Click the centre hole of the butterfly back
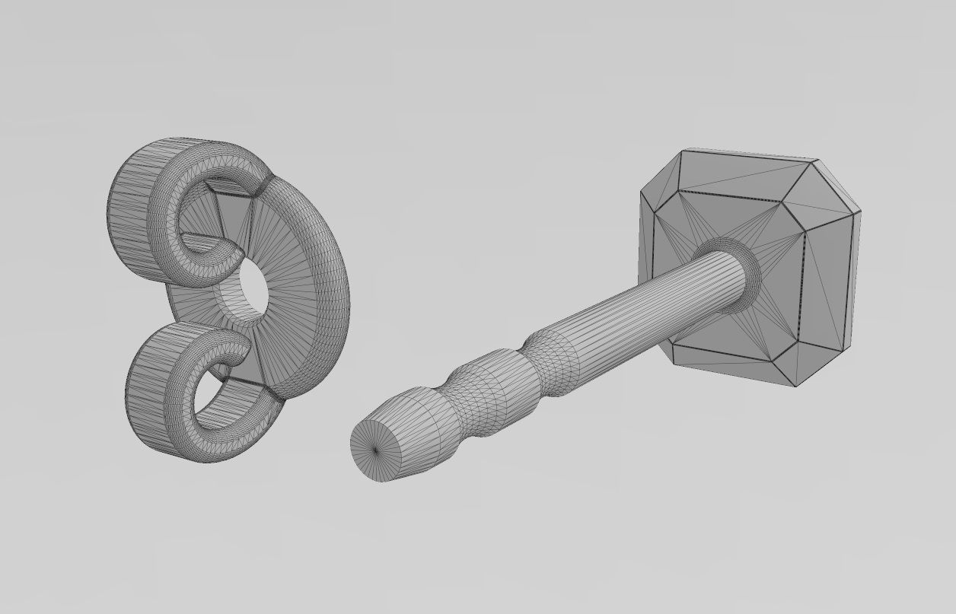click(x=253, y=291)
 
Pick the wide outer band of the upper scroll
click(x=133, y=205)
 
